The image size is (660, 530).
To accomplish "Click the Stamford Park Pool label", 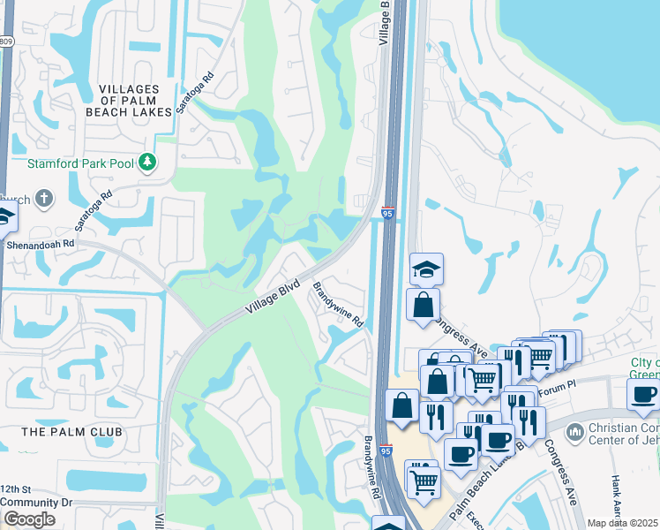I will click(x=79, y=163).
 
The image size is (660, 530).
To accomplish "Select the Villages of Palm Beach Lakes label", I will click(x=129, y=101).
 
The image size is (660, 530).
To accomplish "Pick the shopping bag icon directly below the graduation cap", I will click(x=424, y=305).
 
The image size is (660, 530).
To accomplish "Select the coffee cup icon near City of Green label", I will click(x=643, y=394).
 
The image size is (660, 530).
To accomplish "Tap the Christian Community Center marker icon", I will click(x=574, y=432).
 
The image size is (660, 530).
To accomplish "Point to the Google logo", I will click(x=29, y=519).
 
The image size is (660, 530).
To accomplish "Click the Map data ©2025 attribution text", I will click(x=623, y=523).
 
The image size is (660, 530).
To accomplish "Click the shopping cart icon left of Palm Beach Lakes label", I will click(x=424, y=481).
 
